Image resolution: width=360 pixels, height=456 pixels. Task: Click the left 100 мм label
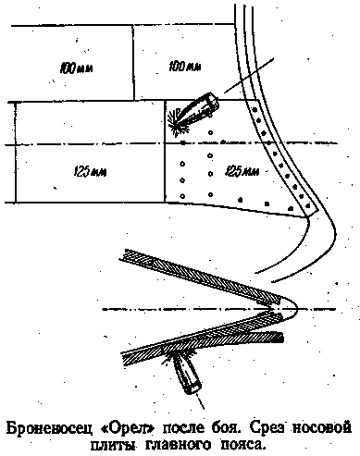point(77,68)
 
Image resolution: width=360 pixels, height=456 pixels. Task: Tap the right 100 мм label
point(185,66)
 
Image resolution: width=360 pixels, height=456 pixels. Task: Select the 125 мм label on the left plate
point(90,171)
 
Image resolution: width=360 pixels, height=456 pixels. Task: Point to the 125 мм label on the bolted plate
point(242,170)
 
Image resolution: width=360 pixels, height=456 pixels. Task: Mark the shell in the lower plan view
point(187,372)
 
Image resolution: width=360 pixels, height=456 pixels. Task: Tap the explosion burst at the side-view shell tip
point(177,122)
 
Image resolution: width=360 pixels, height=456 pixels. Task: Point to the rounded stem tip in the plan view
point(297,308)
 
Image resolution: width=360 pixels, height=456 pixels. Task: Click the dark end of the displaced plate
point(280,338)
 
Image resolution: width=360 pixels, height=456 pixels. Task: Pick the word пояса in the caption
point(239,444)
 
